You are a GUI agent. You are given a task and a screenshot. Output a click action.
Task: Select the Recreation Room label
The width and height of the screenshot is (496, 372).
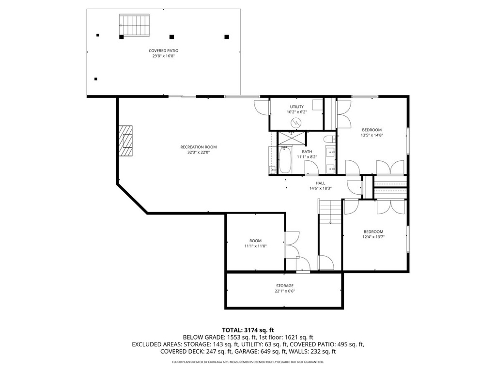point(198,147)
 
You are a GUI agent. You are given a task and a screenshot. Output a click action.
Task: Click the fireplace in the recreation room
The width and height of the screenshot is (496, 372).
point(127,140)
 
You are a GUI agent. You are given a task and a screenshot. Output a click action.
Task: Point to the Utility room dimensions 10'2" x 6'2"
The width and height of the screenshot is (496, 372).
point(296,112)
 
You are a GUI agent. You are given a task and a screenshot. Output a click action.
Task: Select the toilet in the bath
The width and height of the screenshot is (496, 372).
point(328,141)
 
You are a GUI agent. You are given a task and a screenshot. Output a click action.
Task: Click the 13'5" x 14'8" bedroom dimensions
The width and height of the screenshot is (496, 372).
point(372,136)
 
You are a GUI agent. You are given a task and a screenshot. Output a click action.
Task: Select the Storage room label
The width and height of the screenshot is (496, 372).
point(285,286)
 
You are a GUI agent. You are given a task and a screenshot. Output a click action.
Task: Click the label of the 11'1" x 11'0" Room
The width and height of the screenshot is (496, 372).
point(255,241)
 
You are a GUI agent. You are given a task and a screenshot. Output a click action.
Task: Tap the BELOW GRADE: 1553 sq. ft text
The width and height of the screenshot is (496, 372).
point(214,337)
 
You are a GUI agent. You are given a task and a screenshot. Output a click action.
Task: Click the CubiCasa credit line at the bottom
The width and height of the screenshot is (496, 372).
point(248,362)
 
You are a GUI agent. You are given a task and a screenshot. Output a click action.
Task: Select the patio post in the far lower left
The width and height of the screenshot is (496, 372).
point(96,79)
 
